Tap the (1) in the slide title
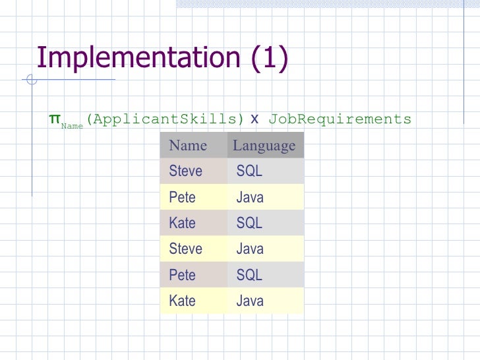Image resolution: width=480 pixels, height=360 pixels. [269, 57]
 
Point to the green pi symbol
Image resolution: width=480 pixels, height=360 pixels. [54, 119]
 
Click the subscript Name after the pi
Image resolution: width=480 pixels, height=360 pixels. [72, 125]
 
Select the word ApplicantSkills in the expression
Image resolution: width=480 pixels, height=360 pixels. [165, 119]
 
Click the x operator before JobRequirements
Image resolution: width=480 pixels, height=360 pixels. [255, 119]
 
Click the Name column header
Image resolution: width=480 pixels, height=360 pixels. [188, 146]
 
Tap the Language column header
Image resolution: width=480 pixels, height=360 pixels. [264, 146]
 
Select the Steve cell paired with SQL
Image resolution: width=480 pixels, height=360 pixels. [185, 171]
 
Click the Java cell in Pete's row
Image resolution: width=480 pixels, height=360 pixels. [250, 197]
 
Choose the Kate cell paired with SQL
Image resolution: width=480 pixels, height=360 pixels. [182, 223]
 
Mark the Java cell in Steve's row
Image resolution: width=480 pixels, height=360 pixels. [250, 249]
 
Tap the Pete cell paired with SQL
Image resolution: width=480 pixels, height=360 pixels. [182, 275]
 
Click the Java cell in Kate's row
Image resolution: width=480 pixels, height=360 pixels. [250, 301]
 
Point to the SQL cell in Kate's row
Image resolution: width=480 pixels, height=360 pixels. [249, 223]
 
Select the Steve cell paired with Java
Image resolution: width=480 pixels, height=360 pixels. [185, 249]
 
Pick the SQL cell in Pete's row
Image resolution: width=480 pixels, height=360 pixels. [249, 275]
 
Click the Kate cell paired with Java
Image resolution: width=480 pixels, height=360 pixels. [182, 301]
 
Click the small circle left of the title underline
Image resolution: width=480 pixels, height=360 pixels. [31, 81]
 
